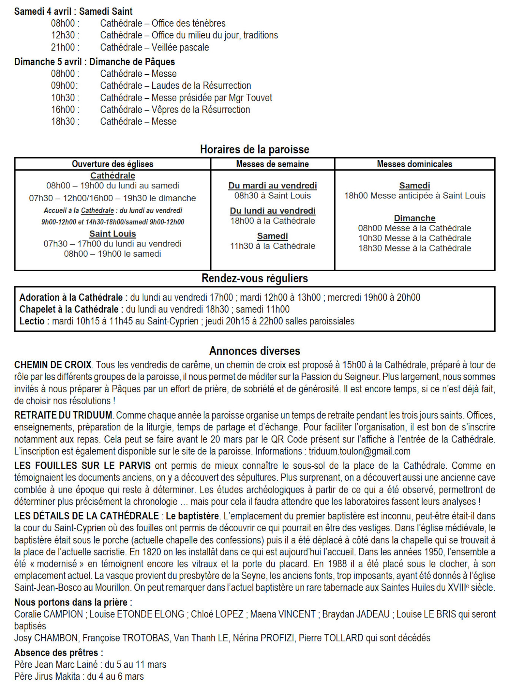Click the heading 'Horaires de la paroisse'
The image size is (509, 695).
coord(254,149)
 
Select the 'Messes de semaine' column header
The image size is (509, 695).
coord(272,164)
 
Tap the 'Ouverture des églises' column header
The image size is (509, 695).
coord(112,164)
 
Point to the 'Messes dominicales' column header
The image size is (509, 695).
coord(414,164)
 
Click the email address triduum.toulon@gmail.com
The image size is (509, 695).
coord(359,451)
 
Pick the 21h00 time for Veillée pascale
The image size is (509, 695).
coord(63,47)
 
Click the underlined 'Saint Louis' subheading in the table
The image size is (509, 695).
coord(112,234)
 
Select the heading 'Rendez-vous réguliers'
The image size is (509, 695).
coord(254,278)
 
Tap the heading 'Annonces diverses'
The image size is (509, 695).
coord(254,351)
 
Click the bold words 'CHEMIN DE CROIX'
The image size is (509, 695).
coord(53,365)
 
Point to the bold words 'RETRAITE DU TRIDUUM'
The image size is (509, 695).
coord(63,415)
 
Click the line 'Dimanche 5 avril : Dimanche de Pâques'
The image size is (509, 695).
coord(95,62)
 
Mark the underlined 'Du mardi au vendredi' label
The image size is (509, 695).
coord(272,186)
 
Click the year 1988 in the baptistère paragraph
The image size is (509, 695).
coord(337,564)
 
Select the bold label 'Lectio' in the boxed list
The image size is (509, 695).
coord(32,321)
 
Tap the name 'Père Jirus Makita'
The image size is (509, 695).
coord(47,676)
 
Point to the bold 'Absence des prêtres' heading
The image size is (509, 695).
coord(58,653)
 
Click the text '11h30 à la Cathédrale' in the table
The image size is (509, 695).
coord(272,246)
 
